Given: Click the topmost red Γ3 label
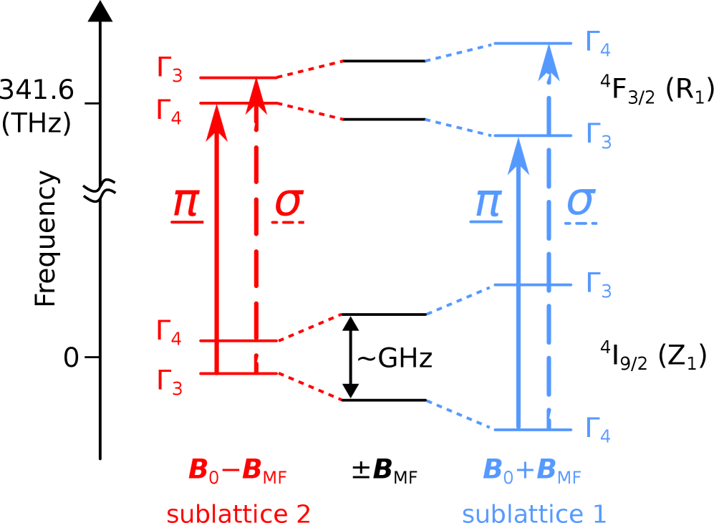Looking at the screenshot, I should [x=170, y=69].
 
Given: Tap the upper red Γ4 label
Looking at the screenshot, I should [x=169, y=112].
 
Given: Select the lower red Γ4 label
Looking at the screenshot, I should [x=169, y=332].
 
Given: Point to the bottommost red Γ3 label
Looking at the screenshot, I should [x=170, y=382].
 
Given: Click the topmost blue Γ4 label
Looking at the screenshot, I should [x=597, y=44].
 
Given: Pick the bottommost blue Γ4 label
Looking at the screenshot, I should [x=597, y=430].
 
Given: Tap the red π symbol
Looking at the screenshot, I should [x=186, y=204].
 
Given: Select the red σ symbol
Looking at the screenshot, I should [x=289, y=203].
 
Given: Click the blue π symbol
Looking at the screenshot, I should [x=487, y=203].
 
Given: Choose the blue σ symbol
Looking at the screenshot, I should [x=580, y=203].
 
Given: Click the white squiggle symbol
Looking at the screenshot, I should [x=100, y=191].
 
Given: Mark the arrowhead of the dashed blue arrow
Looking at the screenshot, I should [x=549, y=62].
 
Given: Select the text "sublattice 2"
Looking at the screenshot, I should [x=238, y=514].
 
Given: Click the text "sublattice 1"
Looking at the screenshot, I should [x=534, y=514].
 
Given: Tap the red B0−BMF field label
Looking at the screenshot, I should [x=237, y=471].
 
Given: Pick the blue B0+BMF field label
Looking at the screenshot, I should [x=531, y=471].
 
